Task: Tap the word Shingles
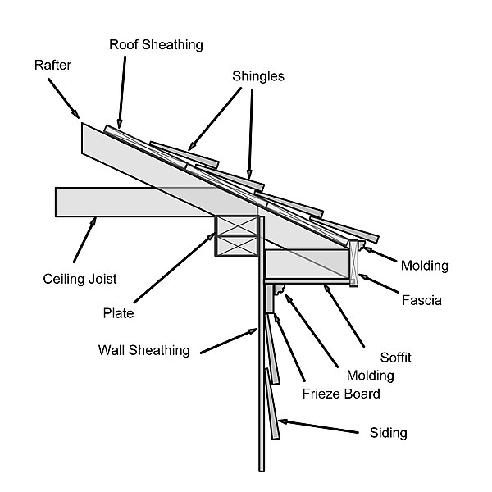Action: (x=257, y=75)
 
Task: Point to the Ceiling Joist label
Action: (x=80, y=279)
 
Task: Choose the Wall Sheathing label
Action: (x=143, y=350)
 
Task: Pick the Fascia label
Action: (x=421, y=301)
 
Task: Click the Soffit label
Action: (x=396, y=358)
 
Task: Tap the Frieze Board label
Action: (x=341, y=394)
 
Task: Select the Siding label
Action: (x=389, y=432)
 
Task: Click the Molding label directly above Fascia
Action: (x=424, y=266)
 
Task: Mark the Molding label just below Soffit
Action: (x=370, y=376)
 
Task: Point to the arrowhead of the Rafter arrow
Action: (x=78, y=116)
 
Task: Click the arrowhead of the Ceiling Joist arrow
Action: (x=96, y=218)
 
